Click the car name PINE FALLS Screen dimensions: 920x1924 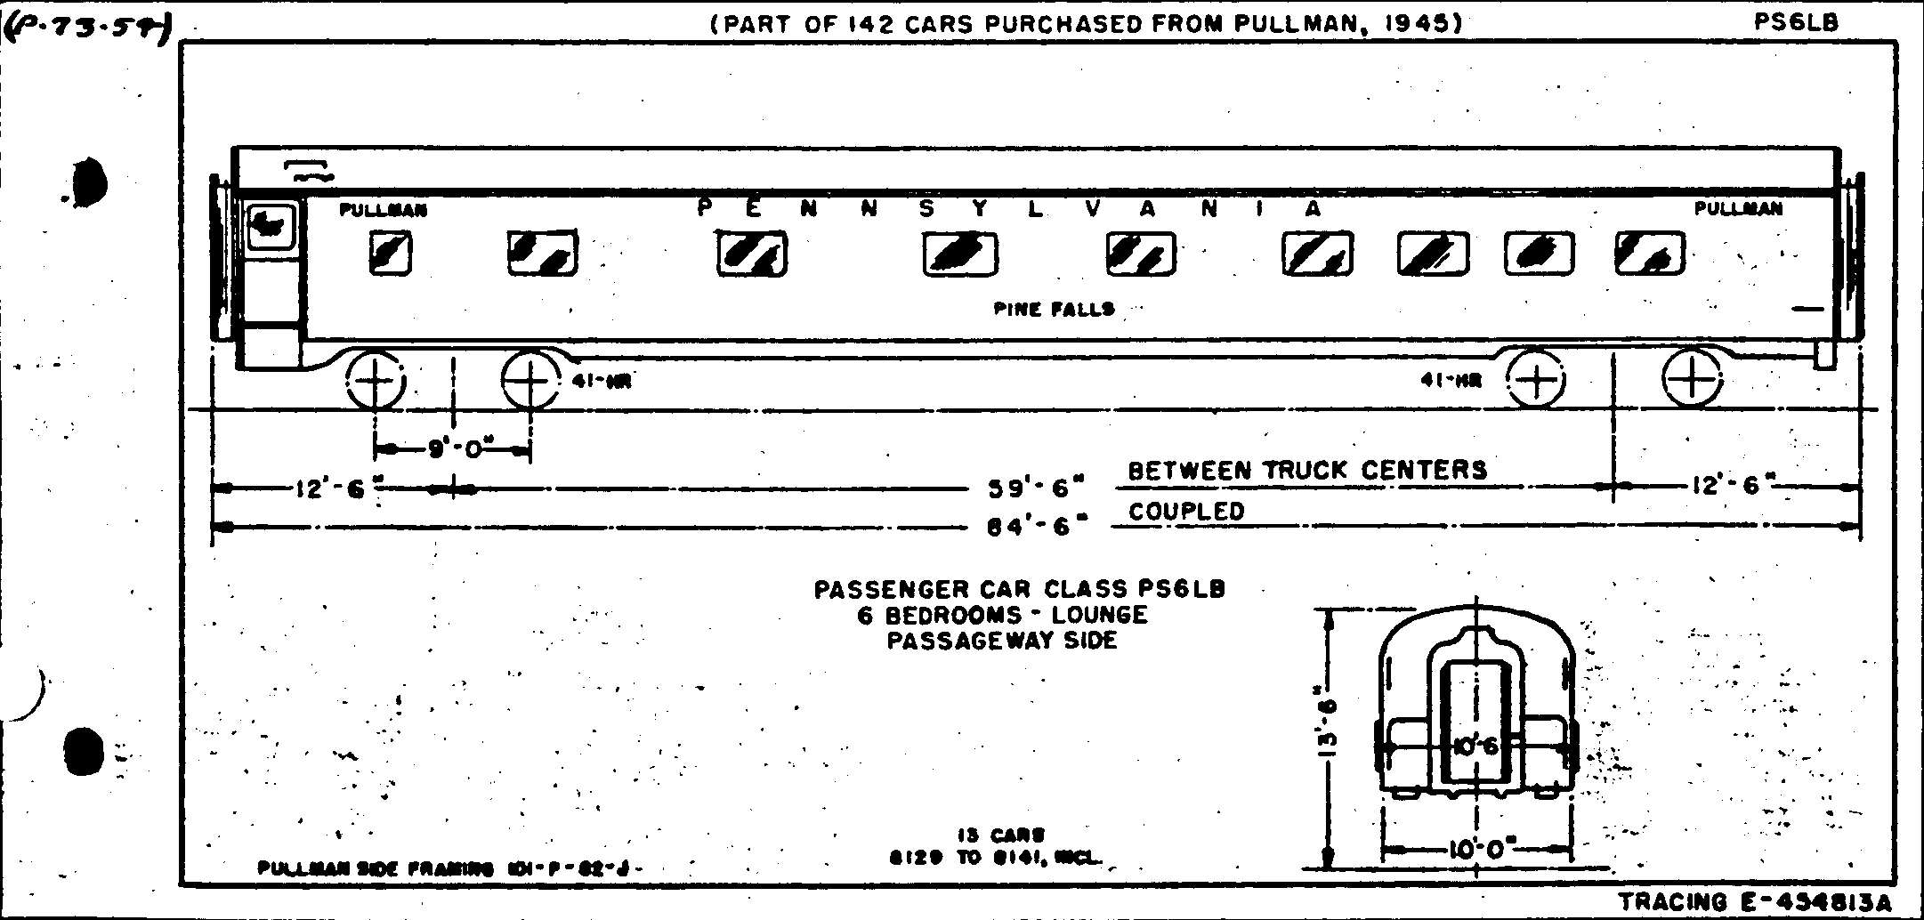point(1054,310)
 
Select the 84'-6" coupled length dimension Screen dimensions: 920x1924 point(1037,527)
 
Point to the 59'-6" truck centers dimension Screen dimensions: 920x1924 point(1037,488)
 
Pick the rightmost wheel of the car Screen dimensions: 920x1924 point(1691,380)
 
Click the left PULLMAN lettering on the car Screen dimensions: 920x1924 point(384,211)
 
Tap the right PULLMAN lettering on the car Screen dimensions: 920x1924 point(1738,209)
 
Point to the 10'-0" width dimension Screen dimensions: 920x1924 point(1477,849)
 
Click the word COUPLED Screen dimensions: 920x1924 point(1186,512)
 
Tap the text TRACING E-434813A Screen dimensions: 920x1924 point(1755,902)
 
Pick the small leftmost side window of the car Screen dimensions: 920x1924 point(391,253)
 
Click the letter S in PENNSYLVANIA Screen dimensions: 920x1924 point(926,210)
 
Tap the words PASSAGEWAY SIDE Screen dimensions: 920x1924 point(1002,641)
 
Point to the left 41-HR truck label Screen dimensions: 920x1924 point(602,382)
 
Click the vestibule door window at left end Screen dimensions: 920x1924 point(272,225)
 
